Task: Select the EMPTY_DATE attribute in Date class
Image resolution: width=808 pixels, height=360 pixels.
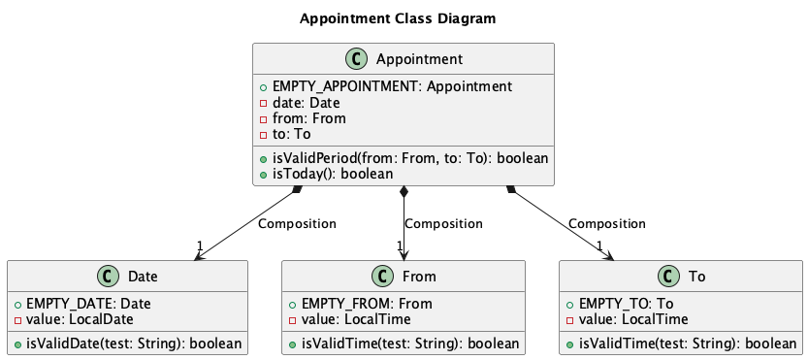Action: click(88, 304)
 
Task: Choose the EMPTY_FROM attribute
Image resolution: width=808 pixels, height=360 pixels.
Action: click(360, 304)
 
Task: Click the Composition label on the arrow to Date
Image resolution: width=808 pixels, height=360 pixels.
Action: click(297, 223)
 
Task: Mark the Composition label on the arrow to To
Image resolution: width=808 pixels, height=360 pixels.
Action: click(607, 223)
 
